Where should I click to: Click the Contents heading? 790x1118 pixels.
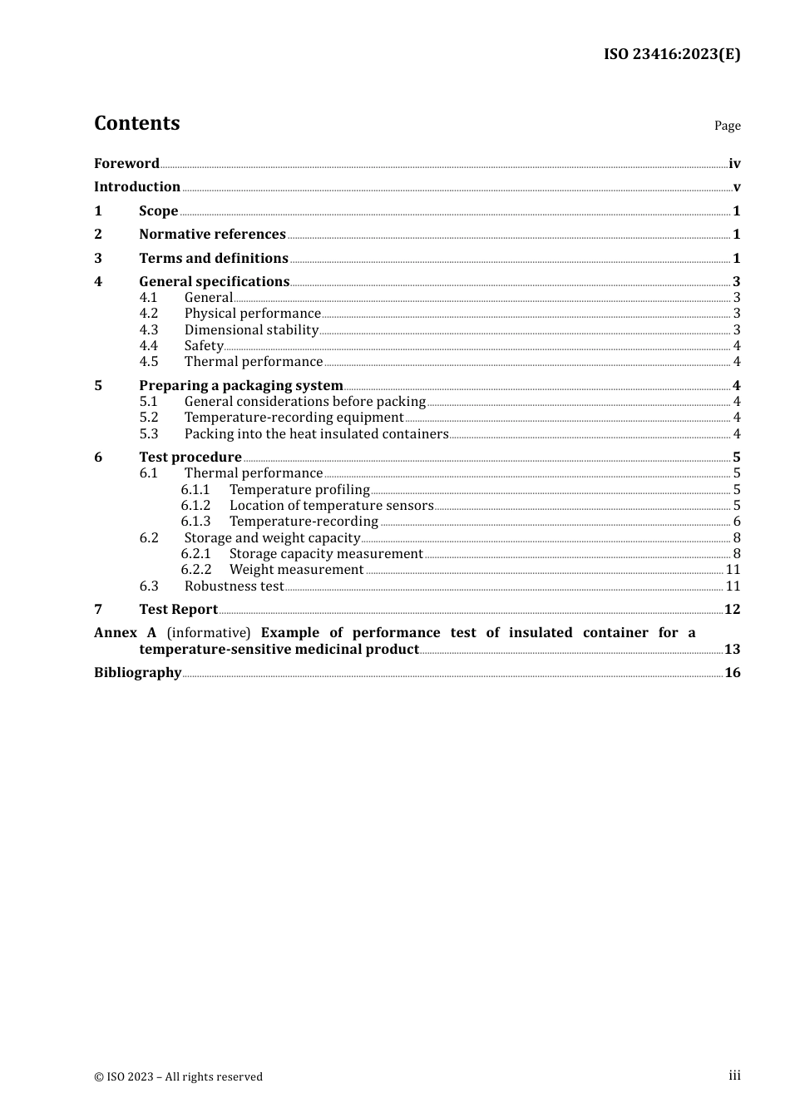[136, 123]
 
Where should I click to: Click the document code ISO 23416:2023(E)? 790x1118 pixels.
[671, 54]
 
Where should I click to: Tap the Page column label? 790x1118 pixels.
[727, 126]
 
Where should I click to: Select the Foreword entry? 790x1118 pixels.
[126, 164]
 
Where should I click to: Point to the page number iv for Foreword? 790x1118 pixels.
[734, 164]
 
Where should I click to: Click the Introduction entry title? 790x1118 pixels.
[137, 187]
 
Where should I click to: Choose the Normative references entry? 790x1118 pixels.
[212, 235]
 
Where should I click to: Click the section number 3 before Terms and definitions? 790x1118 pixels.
[98, 259]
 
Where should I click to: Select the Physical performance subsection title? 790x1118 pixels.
[252, 314]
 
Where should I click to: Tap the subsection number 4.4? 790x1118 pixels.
[149, 346]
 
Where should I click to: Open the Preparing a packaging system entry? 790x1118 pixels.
[241, 386]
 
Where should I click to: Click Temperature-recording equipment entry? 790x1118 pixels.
[294, 418]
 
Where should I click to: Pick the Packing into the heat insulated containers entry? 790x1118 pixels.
[316, 434]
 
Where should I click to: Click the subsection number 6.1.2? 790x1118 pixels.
[195, 506]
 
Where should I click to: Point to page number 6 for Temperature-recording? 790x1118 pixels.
[737, 522]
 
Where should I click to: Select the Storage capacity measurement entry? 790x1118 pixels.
[326, 554]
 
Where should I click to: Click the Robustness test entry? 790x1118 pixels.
[234, 586]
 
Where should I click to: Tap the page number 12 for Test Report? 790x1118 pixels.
[732, 610]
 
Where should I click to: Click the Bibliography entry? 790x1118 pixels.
[137, 673]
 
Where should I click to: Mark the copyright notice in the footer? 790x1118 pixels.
[178, 1076]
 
